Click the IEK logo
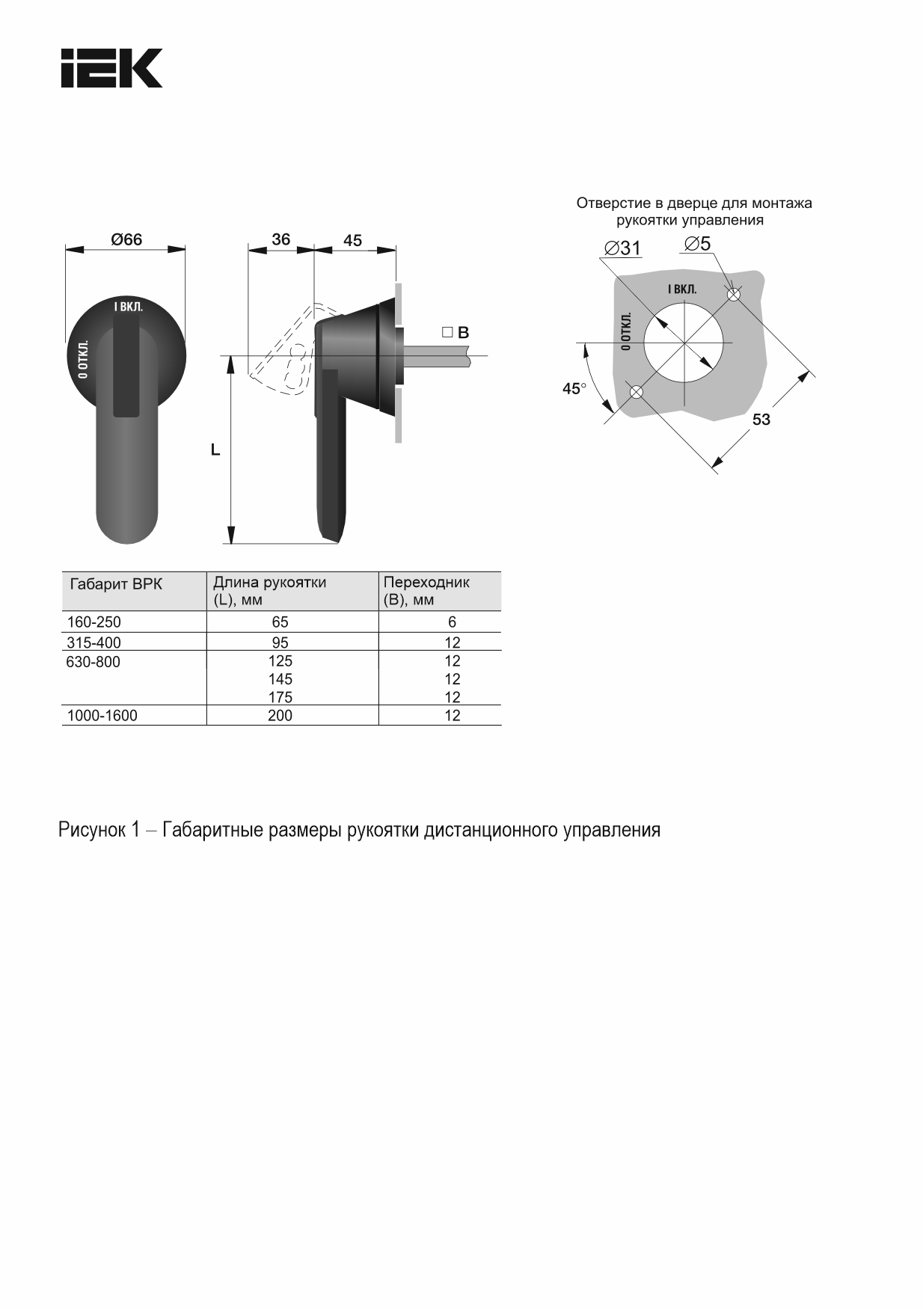coord(111,69)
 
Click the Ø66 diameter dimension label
coord(126,239)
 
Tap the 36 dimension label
coord(280,239)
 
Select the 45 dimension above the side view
coord(352,240)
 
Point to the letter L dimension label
coord(215,450)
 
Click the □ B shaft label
coord(456,333)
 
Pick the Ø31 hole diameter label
coord(622,248)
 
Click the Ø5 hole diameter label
coord(697,244)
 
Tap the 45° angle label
coord(574,389)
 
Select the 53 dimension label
coord(761,420)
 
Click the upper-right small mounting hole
coord(733,295)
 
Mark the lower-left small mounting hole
coord(636,391)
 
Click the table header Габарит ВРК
coord(116,584)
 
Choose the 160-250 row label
coord(93,622)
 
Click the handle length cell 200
coord(280,716)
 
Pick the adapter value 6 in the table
coord(452,622)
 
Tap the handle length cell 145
coord(280,679)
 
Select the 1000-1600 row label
coord(102,716)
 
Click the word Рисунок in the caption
coord(92,830)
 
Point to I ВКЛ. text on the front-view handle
coord(128,307)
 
